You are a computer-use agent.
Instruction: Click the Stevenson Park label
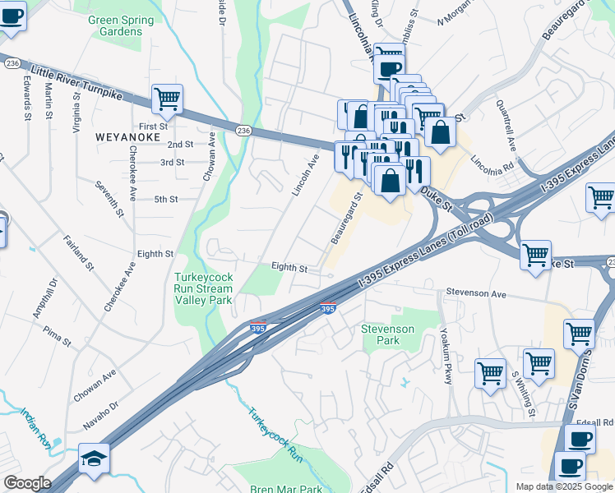coord(392,334)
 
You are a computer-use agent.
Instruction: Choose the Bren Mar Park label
coord(286,489)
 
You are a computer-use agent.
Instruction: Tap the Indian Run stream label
coord(36,431)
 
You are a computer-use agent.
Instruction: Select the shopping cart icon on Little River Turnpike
coord(167,99)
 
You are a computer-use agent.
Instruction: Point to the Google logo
coord(27,483)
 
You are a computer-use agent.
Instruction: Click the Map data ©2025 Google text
coord(563,486)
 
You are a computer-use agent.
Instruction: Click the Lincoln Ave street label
coord(305,175)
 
